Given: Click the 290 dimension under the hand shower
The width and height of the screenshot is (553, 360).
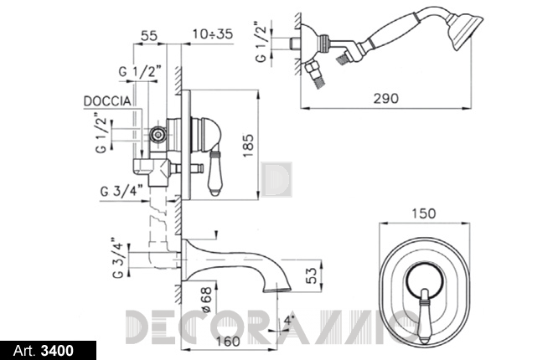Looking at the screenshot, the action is point(385,98).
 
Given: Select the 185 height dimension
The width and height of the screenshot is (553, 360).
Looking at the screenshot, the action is point(248,146).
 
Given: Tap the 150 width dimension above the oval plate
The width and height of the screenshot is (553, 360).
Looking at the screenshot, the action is point(424,213).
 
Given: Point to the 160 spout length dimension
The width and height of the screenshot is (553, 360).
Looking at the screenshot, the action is point(228,341).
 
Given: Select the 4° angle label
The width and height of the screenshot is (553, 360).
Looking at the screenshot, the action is point(288,321).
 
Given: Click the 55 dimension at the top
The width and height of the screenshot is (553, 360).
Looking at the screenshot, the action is point(149,35).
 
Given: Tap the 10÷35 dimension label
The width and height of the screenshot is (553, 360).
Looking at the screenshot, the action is point(213,34).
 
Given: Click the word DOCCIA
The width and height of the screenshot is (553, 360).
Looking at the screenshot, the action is point(107,101).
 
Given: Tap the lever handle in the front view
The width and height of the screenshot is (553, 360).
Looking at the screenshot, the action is point(425,316).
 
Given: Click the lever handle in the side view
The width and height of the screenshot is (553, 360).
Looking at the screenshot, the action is point(214,172).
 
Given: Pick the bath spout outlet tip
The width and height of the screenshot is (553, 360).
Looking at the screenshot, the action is point(276,290).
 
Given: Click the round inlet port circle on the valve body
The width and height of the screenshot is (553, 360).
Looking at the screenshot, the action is point(158,134).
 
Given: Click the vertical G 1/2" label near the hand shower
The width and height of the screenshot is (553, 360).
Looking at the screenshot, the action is point(261,42).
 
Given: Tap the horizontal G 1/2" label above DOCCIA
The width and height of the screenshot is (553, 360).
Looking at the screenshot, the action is point(140,72).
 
